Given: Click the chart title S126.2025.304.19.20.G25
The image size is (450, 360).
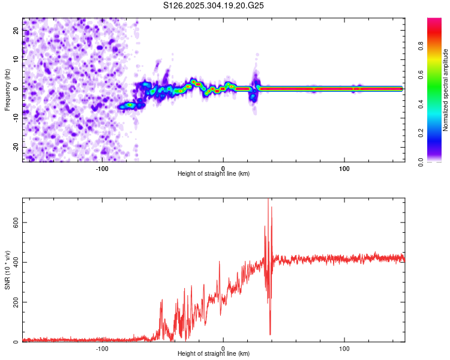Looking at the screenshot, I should coord(214,6).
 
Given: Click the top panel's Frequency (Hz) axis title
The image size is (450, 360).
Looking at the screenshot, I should coord(7,89).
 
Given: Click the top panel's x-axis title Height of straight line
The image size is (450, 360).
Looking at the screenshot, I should coord(214,174).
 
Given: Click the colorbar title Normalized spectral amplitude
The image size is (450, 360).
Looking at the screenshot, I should coord(446,89).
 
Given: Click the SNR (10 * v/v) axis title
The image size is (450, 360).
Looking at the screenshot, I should coord(7,269).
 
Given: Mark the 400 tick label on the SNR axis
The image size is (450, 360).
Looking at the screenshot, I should coord(14,262).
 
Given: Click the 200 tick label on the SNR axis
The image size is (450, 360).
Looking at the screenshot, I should coord(14,302).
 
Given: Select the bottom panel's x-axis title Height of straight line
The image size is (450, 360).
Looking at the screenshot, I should coord(214,354).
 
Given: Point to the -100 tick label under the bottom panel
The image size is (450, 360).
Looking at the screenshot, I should coord(101,347).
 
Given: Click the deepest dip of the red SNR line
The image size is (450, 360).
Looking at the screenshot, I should coord(270,334).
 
